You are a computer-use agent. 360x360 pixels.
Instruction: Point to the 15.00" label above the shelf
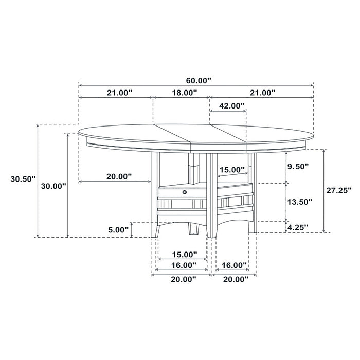(x=232, y=170)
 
